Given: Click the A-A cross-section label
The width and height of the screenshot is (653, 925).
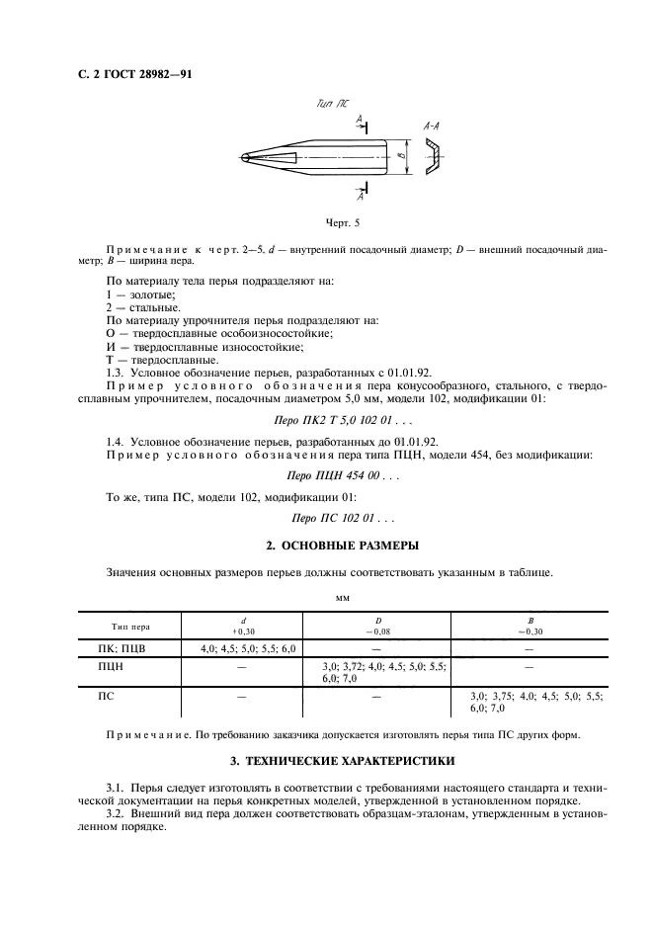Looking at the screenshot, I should tap(432, 126).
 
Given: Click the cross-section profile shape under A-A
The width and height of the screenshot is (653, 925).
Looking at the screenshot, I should tap(433, 157).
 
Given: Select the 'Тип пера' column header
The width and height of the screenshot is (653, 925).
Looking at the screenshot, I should tap(129, 627).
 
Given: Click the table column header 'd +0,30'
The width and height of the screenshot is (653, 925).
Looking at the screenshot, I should tap(243, 626).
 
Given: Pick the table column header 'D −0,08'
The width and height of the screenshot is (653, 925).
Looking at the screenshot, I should tap(380, 626).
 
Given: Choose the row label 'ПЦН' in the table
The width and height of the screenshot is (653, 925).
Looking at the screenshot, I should tap(111, 667).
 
